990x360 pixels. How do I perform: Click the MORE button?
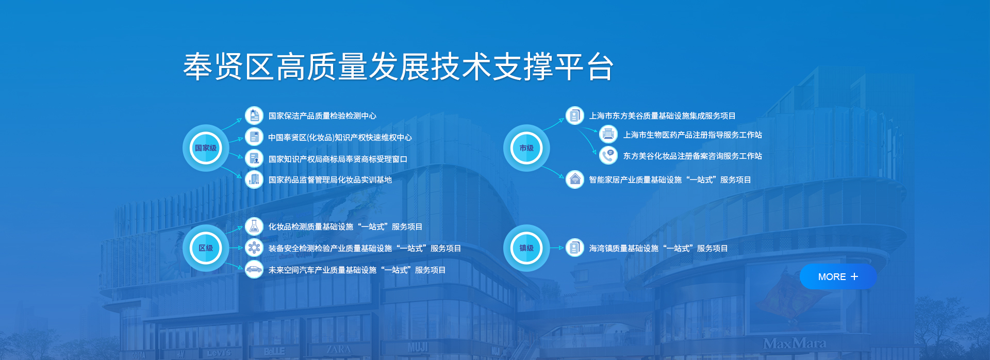pos(838,277)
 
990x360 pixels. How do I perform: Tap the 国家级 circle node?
pos(206,148)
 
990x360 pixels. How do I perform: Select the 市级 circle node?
pos(526,148)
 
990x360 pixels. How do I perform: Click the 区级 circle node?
pos(206,248)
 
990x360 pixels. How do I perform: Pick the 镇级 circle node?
pos(526,248)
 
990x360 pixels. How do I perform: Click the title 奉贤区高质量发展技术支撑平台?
pos(399,67)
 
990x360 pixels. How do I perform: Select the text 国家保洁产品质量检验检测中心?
pos(322,116)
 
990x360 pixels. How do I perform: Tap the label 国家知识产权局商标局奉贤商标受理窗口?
pos(338,159)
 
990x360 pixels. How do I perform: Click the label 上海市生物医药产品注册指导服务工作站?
pos(692,135)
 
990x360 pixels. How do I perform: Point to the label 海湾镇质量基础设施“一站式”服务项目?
pos(658,249)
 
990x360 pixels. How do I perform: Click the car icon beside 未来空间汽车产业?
pos(254,269)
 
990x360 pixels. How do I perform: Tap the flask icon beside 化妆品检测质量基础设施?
pos(254,226)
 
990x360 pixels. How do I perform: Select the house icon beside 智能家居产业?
pos(575,179)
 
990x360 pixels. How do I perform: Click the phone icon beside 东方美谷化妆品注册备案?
pos(608,155)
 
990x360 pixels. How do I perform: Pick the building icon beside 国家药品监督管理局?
pos(254,179)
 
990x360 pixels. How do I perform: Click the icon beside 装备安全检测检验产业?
pos(254,248)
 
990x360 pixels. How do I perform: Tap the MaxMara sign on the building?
pos(795,343)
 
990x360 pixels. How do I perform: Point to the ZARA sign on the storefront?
pos(338,349)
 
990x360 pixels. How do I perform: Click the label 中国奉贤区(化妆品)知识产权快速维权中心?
pos(340,138)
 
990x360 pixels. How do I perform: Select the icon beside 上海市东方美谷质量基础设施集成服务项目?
pos(575,116)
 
